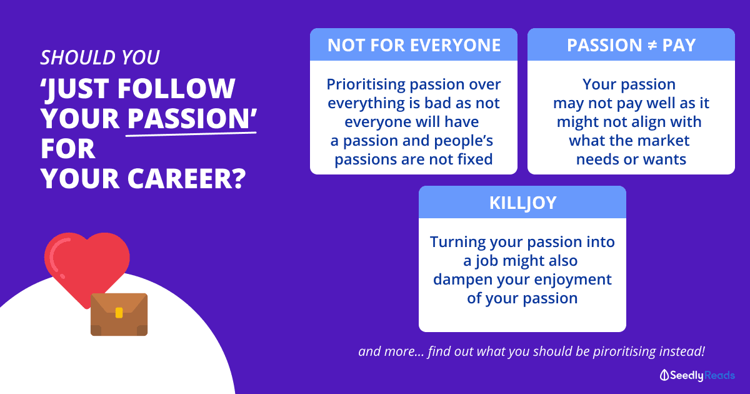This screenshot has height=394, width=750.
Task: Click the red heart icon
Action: tap(87, 265)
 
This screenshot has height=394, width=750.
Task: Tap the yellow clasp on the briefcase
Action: tap(119, 313)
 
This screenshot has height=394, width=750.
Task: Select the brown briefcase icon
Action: tap(119, 314)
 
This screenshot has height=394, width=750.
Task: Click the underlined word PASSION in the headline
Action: tap(188, 118)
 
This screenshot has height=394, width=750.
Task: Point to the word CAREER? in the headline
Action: tap(186, 179)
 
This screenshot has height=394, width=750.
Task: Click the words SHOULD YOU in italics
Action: tap(100, 58)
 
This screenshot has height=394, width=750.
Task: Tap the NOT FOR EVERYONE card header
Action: tap(414, 45)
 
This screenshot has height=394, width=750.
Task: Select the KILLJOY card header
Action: tap(522, 203)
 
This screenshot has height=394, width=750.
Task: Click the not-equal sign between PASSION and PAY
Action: tap(652, 45)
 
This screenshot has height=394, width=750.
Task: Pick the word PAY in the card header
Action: tap(679, 45)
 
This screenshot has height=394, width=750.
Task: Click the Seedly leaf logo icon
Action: tap(664, 375)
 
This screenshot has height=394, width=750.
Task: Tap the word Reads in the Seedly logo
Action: tap(719, 375)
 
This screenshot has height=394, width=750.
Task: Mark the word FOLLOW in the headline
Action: tap(176, 88)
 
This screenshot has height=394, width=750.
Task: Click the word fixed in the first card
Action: tap(475, 159)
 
